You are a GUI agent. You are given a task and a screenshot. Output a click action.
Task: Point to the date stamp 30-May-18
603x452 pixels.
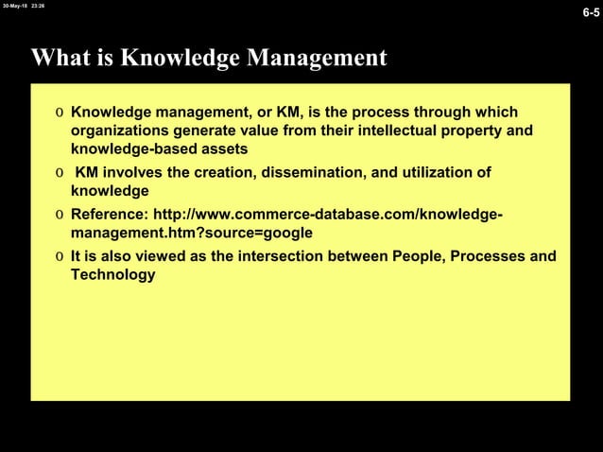pyautogui.click(x=13, y=5)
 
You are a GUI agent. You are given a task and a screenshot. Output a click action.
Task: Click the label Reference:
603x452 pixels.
pyautogui.click(x=109, y=214)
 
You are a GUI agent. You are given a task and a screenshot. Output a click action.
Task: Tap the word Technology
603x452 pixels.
pyautogui.click(x=112, y=274)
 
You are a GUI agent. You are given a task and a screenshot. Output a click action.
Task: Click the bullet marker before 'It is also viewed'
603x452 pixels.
pyautogui.click(x=60, y=256)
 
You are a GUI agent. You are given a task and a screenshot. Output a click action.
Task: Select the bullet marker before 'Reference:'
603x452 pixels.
pyautogui.click(x=60, y=214)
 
